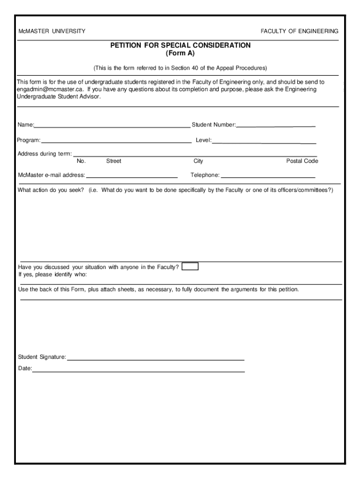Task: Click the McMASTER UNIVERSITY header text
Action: tap(51, 31)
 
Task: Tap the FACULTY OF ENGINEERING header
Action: tap(299, 31)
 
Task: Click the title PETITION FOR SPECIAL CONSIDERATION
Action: tap(180, 45)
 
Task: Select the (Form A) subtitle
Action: tap(180, 53)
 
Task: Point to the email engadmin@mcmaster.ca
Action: tap(44, 89)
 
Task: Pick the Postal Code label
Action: tap(302, 161)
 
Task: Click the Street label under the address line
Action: tap(114, 161)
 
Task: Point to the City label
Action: tap(198, 161)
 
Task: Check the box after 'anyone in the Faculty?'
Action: tap(190, 267)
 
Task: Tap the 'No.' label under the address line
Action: tap(81, 161)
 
